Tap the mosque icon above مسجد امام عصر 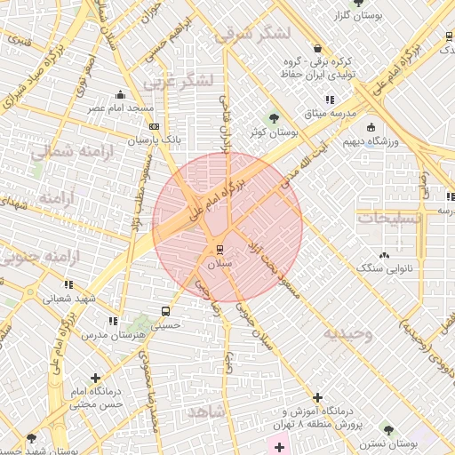tap(121, 94)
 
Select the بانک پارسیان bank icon tap(152, 128)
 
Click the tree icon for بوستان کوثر tap(274, 117)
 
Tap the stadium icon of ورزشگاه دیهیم tap(371, 128)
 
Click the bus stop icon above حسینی tap(166, 311)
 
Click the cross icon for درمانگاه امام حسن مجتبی tap(95, 378)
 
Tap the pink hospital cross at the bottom tap(280, 444)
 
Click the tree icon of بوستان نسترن tap(387, 428)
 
